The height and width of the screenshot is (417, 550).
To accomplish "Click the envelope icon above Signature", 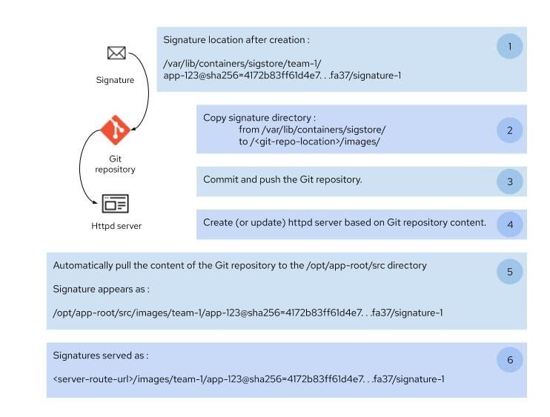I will pos(116,53).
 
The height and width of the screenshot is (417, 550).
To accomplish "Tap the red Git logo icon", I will pos(115,130).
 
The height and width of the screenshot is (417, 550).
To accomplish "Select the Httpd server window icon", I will pos(115,202).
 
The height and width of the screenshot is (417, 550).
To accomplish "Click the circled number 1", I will pos(509,46).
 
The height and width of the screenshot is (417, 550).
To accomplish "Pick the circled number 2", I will pos(509,130).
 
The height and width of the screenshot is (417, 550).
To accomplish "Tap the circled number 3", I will pos(509,181).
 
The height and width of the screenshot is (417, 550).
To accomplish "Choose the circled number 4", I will pos(509,224).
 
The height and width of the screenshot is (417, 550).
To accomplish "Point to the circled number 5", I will pos(509,272).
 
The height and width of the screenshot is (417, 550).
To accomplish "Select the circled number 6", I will pos(509,361).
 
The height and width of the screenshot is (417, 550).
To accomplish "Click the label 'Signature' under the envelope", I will pos(115,79).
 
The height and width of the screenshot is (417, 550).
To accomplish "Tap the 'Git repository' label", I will pos(115,164).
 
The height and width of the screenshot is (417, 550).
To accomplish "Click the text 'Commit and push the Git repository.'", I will pos(282,180).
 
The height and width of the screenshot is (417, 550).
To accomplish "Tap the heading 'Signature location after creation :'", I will pos(236,40).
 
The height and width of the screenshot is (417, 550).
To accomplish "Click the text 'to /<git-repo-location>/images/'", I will pos(309,141).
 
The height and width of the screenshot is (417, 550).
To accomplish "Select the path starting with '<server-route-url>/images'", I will pos(248,380).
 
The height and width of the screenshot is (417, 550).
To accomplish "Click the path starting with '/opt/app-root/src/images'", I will pos(248,313).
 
